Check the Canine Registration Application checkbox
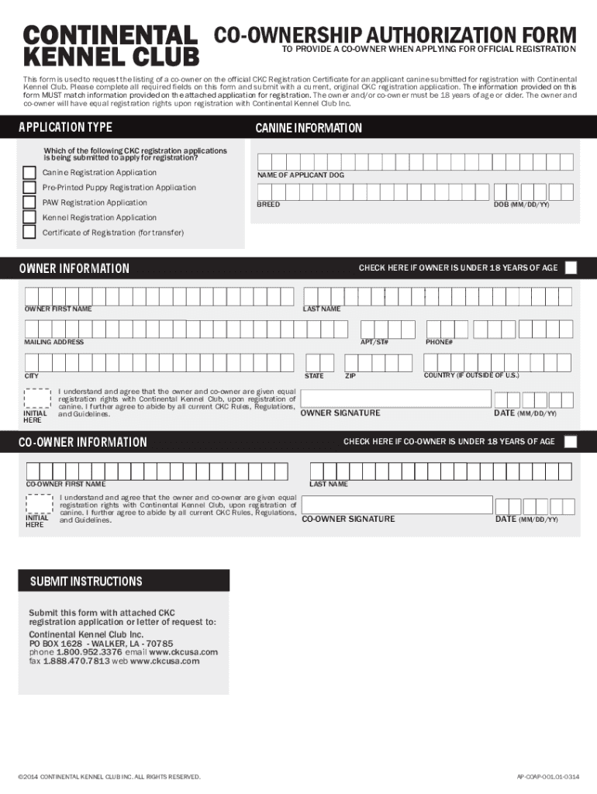[29, 173]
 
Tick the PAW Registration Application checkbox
[29, 202]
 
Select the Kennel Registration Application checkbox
[29, 217]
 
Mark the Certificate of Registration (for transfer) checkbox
[29, 232]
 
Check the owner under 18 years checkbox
[571, 268]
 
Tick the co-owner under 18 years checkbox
[571, 442]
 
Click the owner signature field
[395, 399]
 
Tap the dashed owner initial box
[38, 399]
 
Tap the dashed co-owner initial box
[38, 504]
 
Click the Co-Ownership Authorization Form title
[395, 35]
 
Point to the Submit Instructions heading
[86, 582]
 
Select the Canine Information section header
[309, 128]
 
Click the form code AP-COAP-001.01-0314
[547, 776]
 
